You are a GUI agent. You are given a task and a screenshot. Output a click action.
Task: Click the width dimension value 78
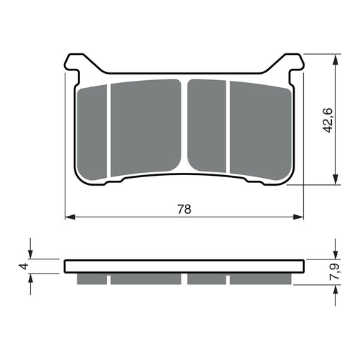click(x=185, y=209)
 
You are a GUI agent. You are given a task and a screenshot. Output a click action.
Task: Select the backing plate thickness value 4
click(x=23, y=266)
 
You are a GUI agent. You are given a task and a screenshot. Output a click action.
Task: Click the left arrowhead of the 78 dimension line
click(x=69, y=218)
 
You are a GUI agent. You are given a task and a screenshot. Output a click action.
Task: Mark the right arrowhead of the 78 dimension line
click(x=302, y=218)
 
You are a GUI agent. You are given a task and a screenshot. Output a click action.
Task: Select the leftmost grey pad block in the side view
click(x=91, y=279)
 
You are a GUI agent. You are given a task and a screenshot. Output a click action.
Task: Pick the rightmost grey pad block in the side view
click(x=259, y=279)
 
